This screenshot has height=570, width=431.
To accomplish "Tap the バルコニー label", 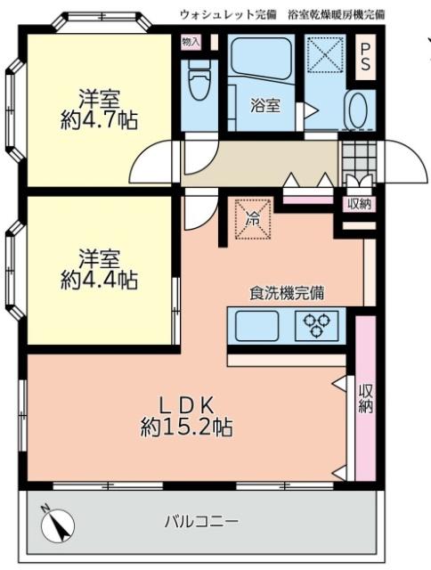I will [200, 522].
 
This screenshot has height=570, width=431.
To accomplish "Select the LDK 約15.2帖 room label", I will [187, 414].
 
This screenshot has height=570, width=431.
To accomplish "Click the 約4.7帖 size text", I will [99, 120].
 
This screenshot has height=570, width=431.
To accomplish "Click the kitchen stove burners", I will [316, 326].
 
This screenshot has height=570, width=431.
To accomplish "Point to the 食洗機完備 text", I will [286, 292].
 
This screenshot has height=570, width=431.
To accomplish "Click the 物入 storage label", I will [191, 41].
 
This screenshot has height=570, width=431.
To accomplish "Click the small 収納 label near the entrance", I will [359, 204].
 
